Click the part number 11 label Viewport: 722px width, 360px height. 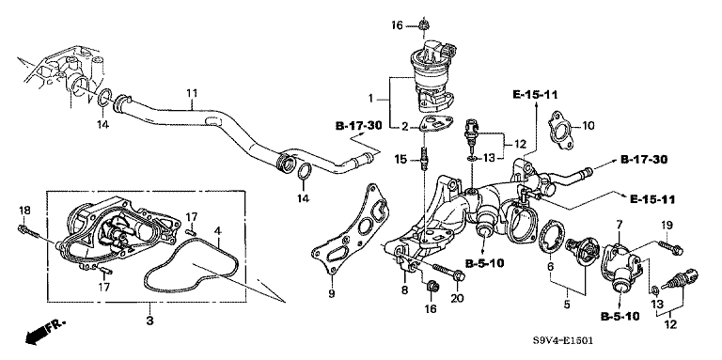click(192, 93)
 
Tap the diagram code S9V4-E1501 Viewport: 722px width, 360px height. click(563, 341)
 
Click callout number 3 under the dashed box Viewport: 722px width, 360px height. click(149, 320)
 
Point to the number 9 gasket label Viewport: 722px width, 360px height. click(332, 292)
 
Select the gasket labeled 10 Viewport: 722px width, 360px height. click(560, 132)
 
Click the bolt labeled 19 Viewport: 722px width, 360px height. click(671, 247)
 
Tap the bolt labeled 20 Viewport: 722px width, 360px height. click(447, 273)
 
